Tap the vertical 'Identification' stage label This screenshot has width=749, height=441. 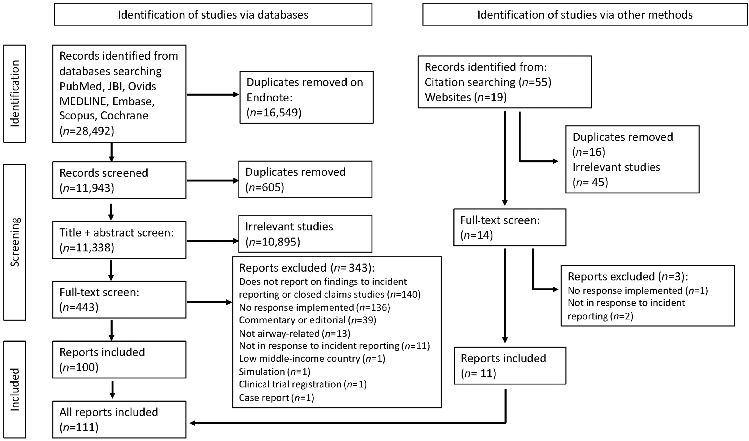15,94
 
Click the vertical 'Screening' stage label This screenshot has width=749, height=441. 15,242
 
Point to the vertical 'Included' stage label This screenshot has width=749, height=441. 15,389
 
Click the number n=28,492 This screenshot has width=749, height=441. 87,131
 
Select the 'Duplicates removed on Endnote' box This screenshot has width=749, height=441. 307,97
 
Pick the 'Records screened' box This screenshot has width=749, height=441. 119,180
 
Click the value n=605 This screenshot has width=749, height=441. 265,187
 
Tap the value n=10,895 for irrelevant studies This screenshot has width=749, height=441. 273,242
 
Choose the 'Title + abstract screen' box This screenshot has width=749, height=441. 119,240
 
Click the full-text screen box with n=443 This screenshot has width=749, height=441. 119,300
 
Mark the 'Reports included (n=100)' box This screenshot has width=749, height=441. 119,360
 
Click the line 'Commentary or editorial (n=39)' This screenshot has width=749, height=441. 308,320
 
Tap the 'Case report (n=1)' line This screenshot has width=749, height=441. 276,398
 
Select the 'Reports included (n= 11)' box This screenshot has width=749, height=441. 510,366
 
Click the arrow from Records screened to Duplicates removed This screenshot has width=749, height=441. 213,180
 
